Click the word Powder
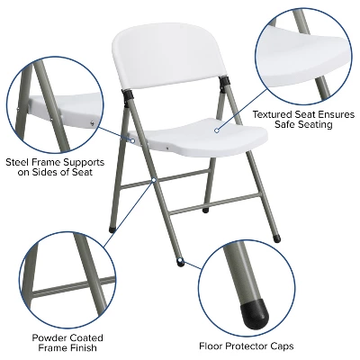pos(44,337)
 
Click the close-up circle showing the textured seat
pos(303,51)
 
